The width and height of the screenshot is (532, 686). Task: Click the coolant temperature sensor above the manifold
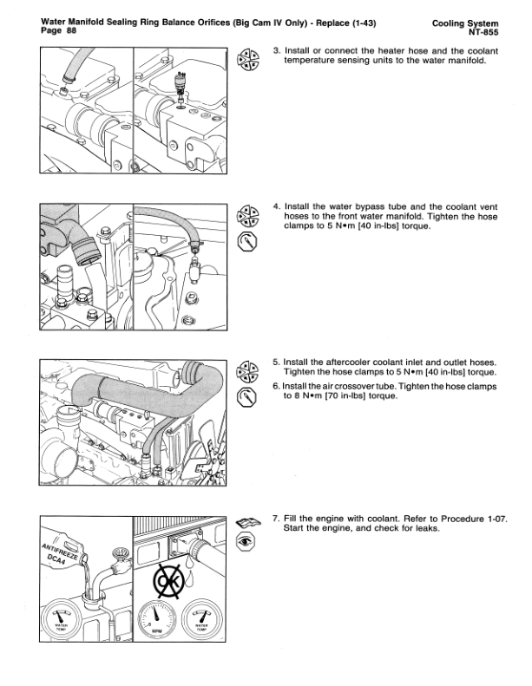[x=181, y=84]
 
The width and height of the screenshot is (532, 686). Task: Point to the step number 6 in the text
[x=276, y=386]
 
